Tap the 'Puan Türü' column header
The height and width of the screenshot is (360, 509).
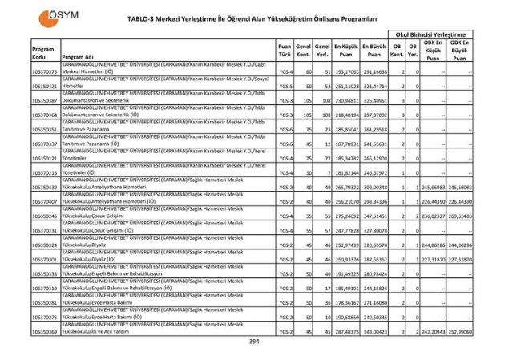point(284,52)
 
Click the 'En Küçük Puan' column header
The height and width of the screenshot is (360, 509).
point(345,52)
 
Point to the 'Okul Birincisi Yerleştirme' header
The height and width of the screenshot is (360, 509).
point(429,34)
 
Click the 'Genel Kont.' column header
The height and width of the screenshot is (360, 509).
point(303,52)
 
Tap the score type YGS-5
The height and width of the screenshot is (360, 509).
point(285,85)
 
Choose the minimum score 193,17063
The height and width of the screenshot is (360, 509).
point(345,71)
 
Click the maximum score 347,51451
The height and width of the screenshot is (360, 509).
point(375,216)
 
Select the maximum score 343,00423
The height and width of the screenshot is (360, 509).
point(375,331)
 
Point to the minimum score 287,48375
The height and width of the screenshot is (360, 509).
point(345,331)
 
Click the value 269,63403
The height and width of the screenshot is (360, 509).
point(459,216)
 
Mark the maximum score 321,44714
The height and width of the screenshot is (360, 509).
point(375,85)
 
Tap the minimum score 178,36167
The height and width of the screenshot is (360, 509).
point(345,303)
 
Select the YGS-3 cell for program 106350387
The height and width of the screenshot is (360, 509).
point(285,100)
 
